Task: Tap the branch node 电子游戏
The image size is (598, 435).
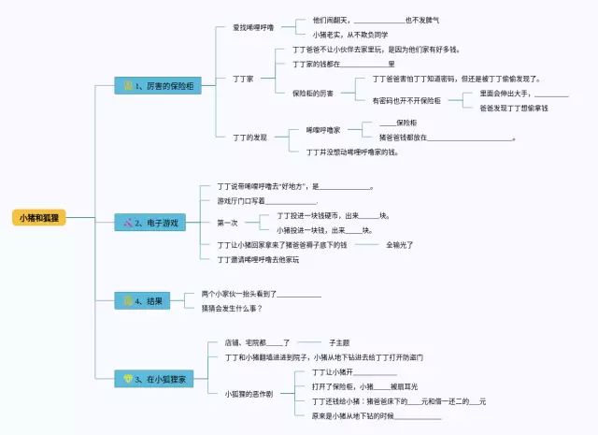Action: pos(157,223)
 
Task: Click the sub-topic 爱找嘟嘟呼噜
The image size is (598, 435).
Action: pos(253,27)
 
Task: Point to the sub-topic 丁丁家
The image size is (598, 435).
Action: pos(243,79)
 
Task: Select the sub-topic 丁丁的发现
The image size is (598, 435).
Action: pos(249,137)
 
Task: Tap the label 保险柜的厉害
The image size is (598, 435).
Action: pos(313,93)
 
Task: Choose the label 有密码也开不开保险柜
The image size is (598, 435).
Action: pos(407,100)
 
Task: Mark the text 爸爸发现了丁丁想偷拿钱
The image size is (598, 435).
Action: pos(514,108)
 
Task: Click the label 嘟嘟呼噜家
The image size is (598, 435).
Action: pos(322,129)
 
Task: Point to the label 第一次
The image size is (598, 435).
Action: pos(227,223)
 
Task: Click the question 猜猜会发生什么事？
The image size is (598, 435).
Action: pos(232,308)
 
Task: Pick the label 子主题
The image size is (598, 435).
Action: pos(339,342)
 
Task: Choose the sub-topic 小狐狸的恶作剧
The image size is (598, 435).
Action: pos(249,393)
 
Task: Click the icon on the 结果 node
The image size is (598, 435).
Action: pos(128,300)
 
